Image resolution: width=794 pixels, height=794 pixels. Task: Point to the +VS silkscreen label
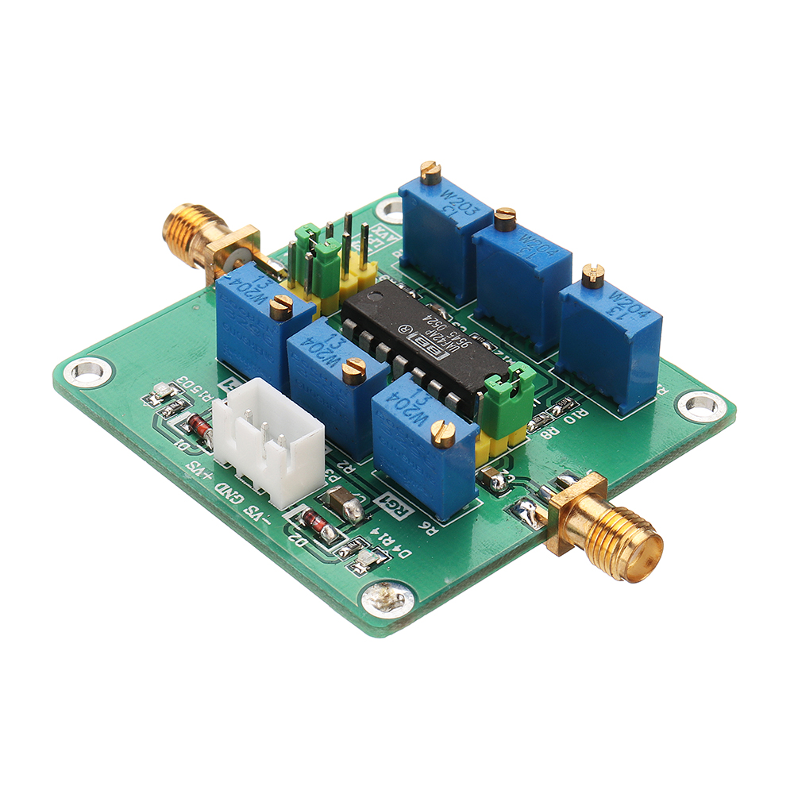pos(198,473)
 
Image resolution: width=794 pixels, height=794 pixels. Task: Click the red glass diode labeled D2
pos(315,526)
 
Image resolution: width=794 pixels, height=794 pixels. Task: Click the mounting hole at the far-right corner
pos(700,405)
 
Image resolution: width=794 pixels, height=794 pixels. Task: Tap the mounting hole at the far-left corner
pos(86,370)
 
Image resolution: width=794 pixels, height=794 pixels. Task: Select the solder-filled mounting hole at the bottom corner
pos(387,597)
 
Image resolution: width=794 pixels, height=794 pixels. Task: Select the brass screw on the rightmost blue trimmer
pos(592,275)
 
